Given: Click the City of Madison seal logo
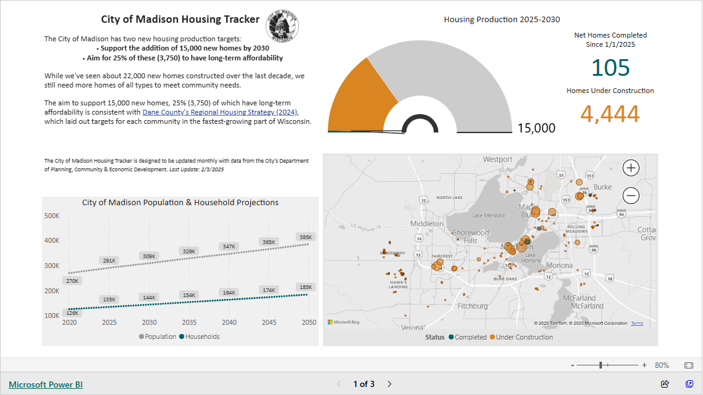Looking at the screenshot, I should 283,28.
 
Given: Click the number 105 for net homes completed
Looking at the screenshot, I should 610,68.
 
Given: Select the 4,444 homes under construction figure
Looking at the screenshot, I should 610,114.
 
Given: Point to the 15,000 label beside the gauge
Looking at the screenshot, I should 536,128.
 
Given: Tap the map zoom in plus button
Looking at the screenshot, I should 631,168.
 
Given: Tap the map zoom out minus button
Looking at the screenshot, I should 631,196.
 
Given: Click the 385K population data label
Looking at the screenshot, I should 306,237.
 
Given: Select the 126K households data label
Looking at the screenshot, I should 73,312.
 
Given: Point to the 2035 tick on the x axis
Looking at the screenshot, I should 189,322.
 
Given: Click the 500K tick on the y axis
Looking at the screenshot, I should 51,216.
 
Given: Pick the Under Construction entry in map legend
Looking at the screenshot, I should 524,337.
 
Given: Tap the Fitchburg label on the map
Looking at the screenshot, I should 473,306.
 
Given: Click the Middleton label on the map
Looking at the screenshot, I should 426,224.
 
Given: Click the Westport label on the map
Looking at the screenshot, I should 497,160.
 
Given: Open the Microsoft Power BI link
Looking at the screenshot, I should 46,385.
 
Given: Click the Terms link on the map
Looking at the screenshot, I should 636,323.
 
